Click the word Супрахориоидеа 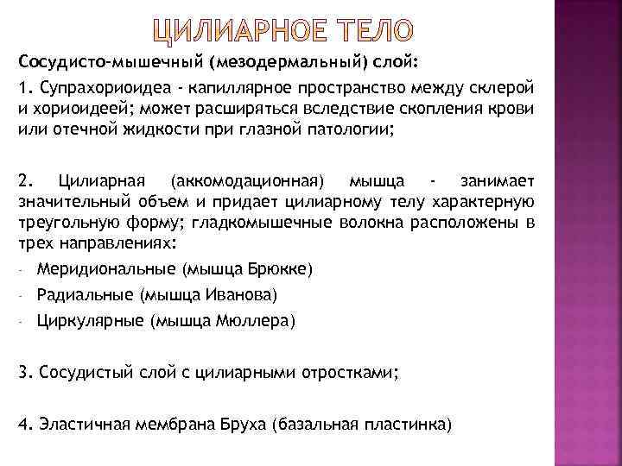point(87,91)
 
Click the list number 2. point(23,181)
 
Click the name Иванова point(240,295)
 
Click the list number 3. point(23,373)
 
